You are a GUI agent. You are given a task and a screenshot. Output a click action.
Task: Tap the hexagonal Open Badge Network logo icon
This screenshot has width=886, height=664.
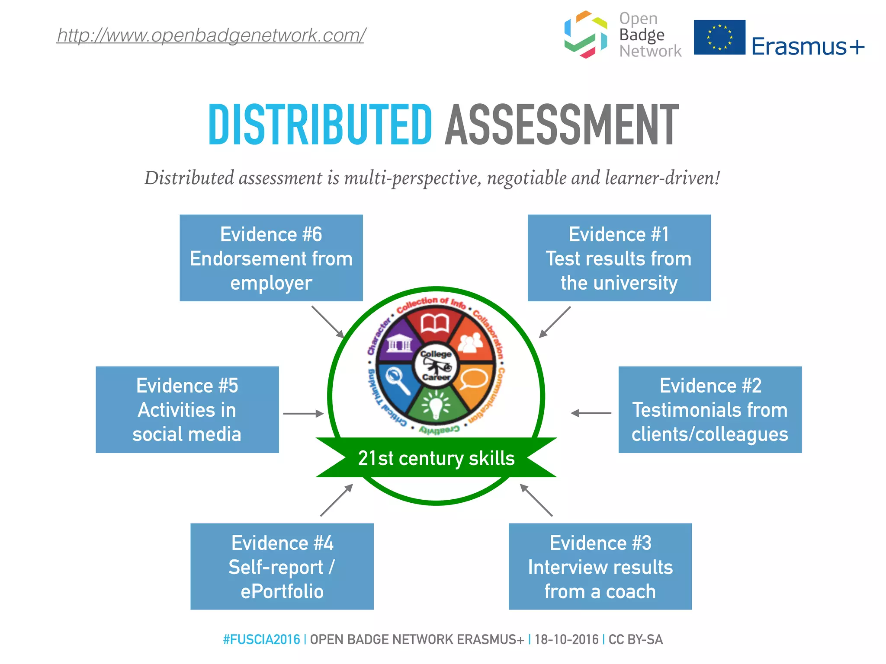pyautogui.click(x=585, y=35)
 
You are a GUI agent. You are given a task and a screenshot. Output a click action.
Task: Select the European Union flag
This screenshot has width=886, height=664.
pyautogui.click(x=719, y=37)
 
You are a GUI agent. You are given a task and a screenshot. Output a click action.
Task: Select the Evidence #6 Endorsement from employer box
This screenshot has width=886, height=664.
pyautogui.click(x=271, y=258)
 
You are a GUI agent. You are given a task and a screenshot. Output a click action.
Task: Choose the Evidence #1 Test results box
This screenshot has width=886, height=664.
pyautogui.click(x=619, y=258)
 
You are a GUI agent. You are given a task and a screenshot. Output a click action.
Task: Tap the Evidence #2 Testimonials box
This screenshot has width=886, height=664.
pyautogui.click(x=710, y=410)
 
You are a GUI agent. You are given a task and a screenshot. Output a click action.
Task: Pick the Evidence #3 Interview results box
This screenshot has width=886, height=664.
pyautogui.click(x=600, y=567)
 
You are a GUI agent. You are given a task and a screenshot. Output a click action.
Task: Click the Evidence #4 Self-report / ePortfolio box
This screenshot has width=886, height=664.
pyautogui.click(x=282, y=567)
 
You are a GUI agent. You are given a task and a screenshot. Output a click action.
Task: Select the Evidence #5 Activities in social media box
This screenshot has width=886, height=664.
pyautogui.click(x=187, y=410)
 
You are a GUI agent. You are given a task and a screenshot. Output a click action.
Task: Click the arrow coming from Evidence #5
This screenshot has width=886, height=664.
pyautogui.click(x=303, y=414)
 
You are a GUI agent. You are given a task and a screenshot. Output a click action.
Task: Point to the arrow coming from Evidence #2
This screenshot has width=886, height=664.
pyautogui.click(x=591, y=413)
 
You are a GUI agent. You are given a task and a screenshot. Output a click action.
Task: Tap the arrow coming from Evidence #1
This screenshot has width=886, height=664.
pyautogui.click(x=555, y=322)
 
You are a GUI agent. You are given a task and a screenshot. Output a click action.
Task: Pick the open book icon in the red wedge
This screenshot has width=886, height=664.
pyautogui.click(x=435, y=323)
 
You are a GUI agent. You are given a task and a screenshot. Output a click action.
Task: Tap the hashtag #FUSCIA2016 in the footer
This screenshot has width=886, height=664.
pyautogui.click(x=261, y=639)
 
